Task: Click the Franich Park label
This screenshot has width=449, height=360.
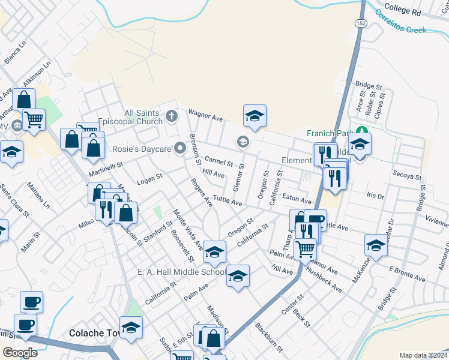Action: [x=328, y=133]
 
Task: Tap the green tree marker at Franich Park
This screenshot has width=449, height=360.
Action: [x=361, y=131]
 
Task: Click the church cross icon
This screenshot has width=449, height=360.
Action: [x=172, y=116]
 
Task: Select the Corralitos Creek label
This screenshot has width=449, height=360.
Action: [x=400, y=22]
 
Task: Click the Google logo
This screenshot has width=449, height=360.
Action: [x=20, y=352]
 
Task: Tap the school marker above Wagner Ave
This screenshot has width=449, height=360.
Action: [x=255, y=116]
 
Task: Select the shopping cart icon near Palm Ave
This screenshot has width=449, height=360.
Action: [x=306, y=248]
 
